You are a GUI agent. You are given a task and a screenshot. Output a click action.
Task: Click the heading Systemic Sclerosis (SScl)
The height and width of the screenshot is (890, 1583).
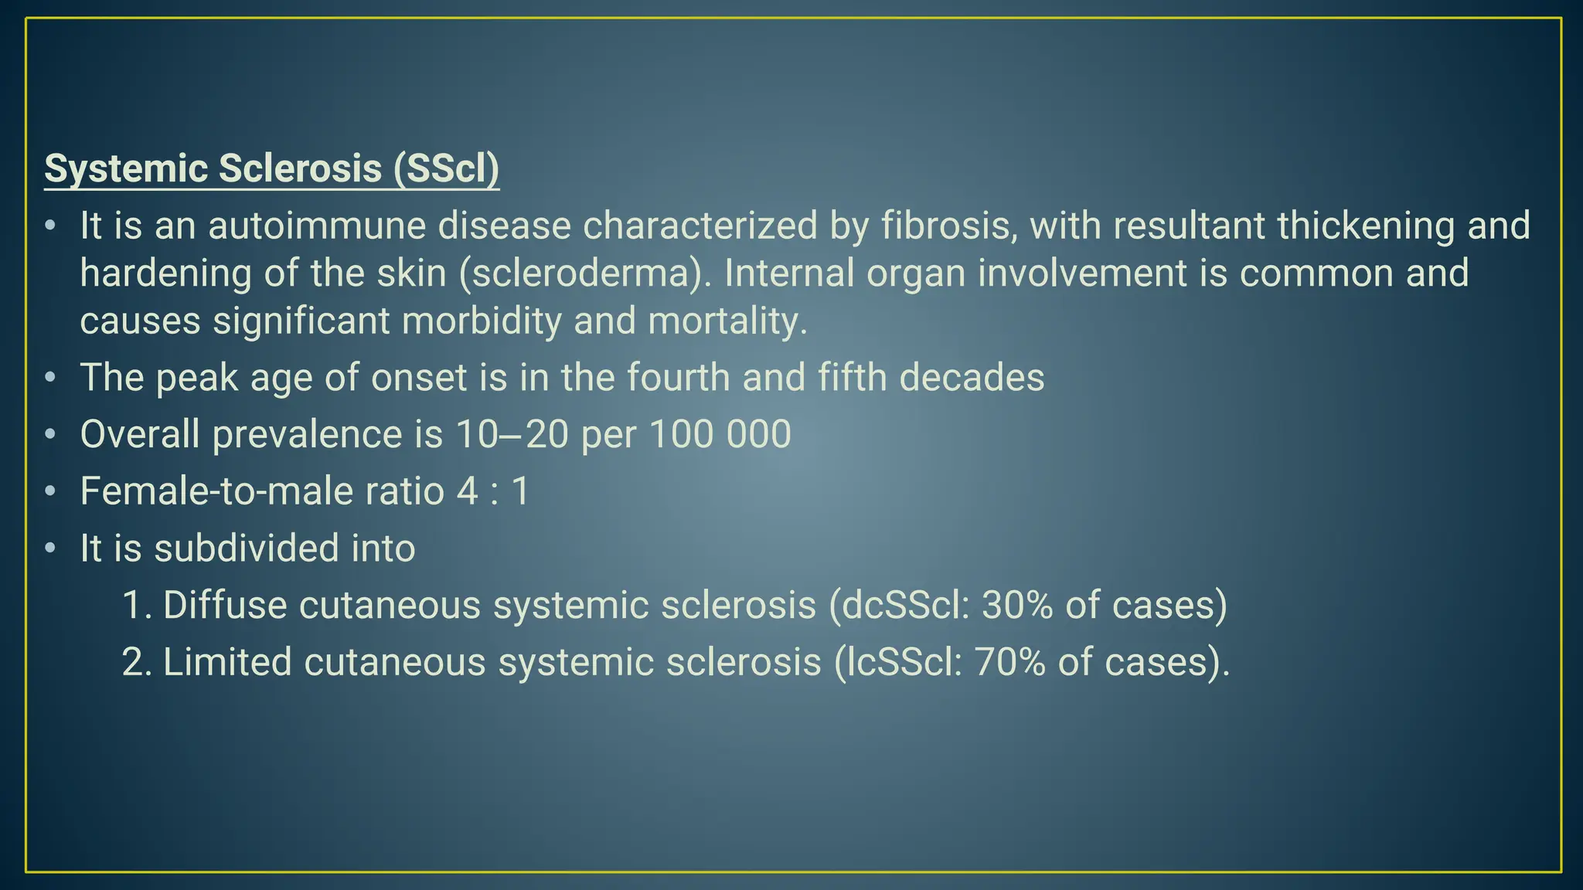tap(271, 168)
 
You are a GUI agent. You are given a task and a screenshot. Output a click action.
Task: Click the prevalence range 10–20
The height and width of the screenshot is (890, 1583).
tap(512, 434)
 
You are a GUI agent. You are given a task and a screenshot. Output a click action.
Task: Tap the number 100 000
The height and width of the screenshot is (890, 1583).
tap(720, 434)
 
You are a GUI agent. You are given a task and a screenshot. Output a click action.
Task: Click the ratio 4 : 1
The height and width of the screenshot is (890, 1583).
tap(492, 491)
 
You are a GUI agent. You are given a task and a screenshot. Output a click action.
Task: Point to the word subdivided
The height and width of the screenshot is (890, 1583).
tap(246, 549)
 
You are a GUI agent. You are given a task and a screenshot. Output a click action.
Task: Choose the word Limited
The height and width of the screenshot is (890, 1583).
tap(226, 662)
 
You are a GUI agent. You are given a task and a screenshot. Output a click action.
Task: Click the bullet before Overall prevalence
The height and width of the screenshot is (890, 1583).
tap(50, 435)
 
